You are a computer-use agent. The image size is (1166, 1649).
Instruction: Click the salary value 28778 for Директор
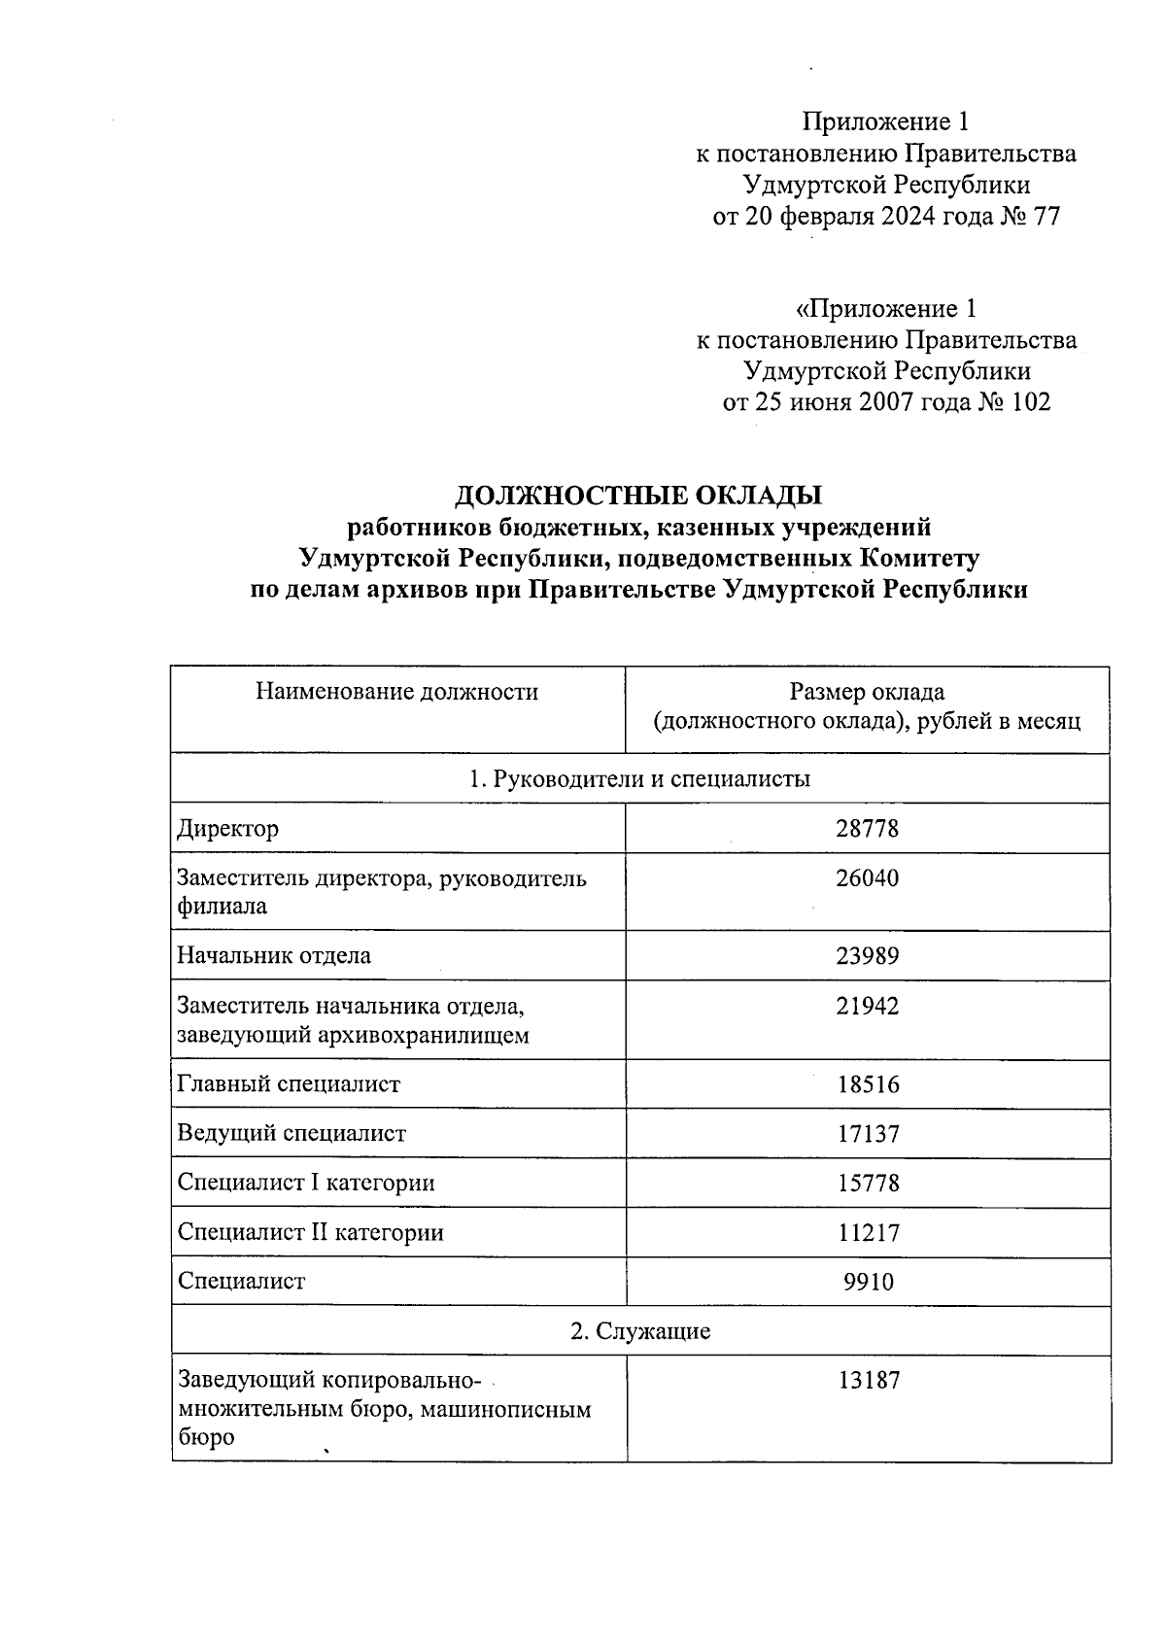tap(868, 829)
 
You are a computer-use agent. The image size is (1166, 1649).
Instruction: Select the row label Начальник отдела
tap(274, 955)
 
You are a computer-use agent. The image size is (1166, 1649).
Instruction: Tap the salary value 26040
tap(868, 878)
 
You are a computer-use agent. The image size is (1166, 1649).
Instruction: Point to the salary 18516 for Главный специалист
tap(868, 1084)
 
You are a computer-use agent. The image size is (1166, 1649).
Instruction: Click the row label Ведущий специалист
tap(291, 1133)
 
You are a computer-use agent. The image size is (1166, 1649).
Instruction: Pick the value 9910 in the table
tap(868, 1283)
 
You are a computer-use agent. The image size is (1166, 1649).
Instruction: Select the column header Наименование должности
tap(396, 692)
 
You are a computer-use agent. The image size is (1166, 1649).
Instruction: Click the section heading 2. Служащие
tap(640, 1331)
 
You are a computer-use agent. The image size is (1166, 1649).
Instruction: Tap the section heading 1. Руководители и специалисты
tap(640, 778)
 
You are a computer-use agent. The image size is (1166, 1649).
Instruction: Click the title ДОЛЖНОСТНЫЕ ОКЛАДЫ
tap(638, 496)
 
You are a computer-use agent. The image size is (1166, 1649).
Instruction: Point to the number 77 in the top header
tap(1046, 216)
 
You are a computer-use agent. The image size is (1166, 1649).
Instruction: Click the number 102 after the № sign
tap(1031, 402)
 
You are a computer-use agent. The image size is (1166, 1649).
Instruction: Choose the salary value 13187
tap(868, 1381)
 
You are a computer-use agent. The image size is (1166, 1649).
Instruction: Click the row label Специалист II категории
tap(311, 1233)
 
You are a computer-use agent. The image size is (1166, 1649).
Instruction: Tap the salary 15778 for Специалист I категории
tap(868, 1184)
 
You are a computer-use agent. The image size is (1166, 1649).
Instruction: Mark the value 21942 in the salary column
tap(868, 1006)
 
